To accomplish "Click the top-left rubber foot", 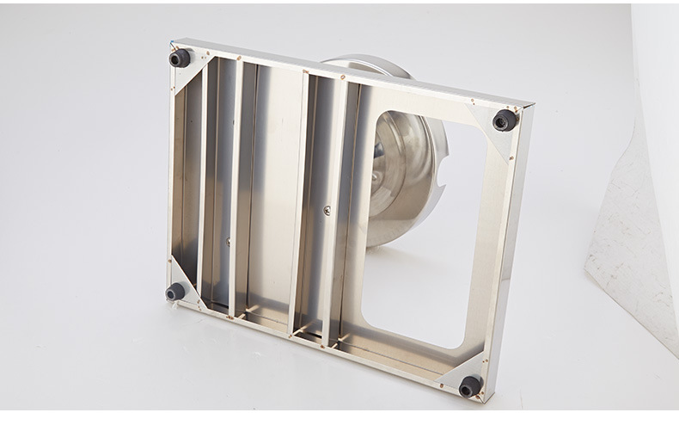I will [x=180, y=59].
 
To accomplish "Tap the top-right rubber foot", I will [x=504, y=120].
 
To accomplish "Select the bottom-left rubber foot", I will [x=175, y=291].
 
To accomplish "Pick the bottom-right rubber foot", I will [x=469, y=386].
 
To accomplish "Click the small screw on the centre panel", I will [x=325, y=209].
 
